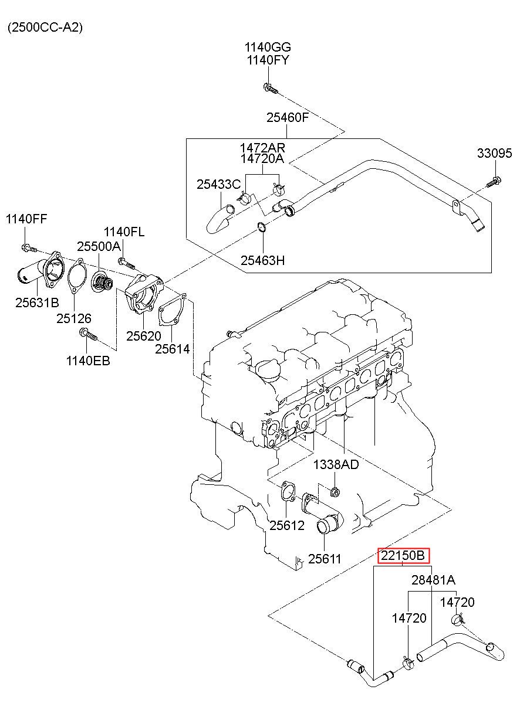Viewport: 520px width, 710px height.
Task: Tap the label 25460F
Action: tap(288, 117)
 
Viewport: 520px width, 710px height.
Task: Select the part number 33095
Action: tap(495, 154)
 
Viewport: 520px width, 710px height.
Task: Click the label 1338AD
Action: tap(335, 465)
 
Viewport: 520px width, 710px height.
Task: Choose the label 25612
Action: tap(287, 525)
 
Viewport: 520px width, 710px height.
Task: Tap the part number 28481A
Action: tap(433, 580)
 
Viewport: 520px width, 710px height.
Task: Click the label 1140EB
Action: tap(88, 360)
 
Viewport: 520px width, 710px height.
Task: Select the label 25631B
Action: tap(37, 303)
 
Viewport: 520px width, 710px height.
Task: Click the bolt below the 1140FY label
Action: tap(269, 89)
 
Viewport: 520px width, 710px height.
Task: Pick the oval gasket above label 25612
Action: tap(287, 492)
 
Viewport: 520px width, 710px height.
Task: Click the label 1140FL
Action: tap(124, 232)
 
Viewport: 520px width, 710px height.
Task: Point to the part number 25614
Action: tap(172, 349)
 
